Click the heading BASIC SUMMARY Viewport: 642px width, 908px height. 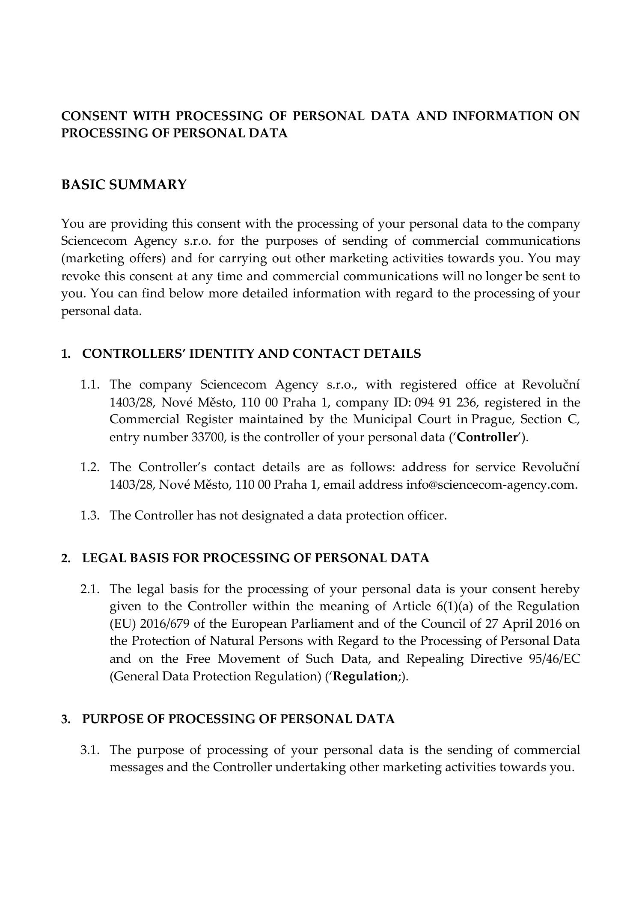point(124,185)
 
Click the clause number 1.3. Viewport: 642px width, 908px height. point(90,516)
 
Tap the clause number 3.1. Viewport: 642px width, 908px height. point(90,750)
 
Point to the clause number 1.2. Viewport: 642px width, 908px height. point(90,467)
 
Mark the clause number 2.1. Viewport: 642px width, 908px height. point(90,589)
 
